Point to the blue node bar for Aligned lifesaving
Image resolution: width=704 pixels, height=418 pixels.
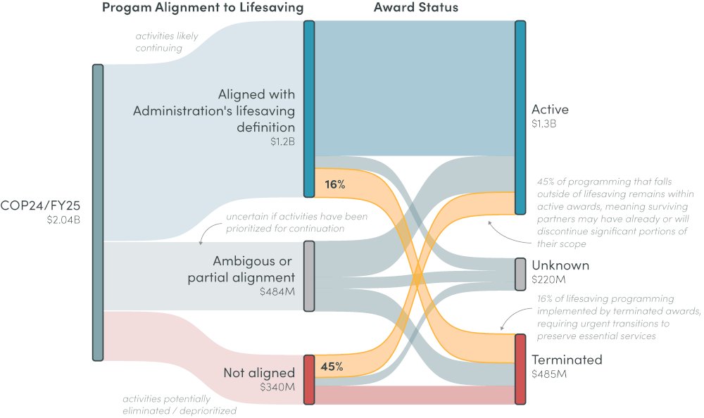coord(308,109)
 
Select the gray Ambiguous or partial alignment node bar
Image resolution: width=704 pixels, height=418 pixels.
coord(308,276)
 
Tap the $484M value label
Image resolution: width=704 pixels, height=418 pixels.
coord(277,291)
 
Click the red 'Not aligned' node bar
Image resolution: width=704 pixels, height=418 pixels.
coord(308,379)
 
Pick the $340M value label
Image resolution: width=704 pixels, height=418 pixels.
coord(277,387)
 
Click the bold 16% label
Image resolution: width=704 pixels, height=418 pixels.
coord(334,185)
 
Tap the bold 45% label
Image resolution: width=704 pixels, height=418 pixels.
coord(331,366)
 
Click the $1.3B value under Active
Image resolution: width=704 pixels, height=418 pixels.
coord(544,124)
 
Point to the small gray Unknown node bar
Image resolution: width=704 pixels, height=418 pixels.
coord(520,274)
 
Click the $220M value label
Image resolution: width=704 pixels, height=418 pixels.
coord(548,280)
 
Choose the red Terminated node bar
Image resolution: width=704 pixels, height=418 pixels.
coord(520,369)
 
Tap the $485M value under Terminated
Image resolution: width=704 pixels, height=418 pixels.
coord(549,374)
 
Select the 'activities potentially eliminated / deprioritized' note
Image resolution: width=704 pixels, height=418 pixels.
coord(180,404)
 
